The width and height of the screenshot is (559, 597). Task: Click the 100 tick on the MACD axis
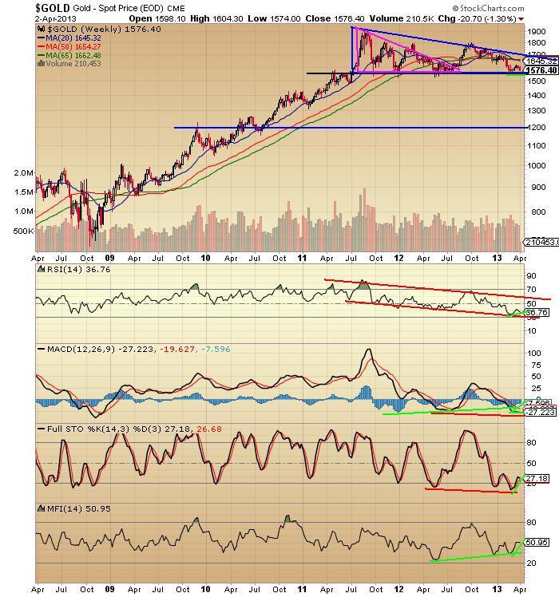pos(533,352)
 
